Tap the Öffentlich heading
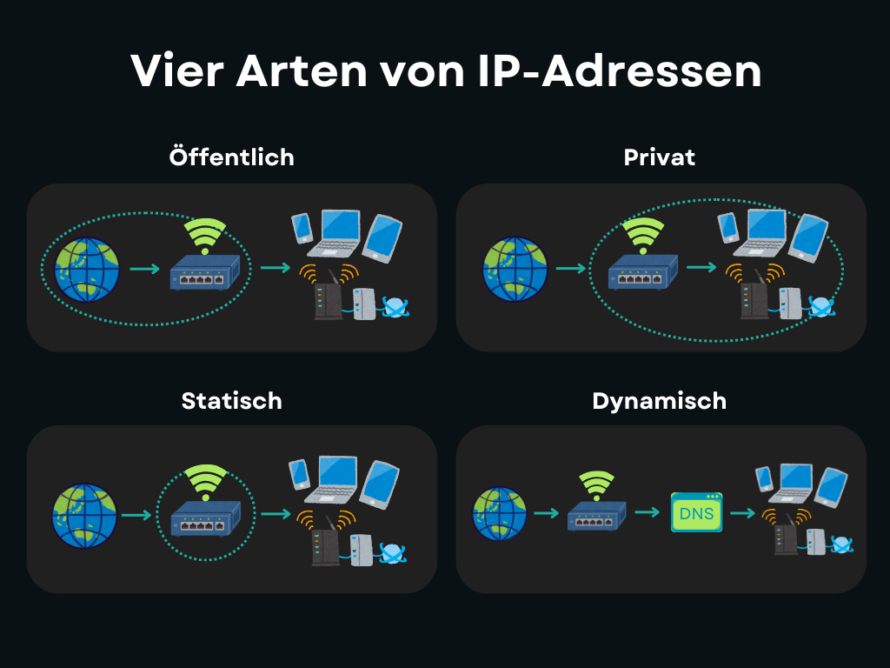(x=231, y=157)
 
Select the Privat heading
(x=660, y=157)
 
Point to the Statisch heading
(x=231, y=401)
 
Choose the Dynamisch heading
(x=659, y=401)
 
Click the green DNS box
(x=696, y=513)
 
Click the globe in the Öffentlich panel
(x=86, y=270)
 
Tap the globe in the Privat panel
(x=515, y=269)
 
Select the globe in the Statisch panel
(x=84, y=516)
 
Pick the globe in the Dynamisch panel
(x=500, y=514)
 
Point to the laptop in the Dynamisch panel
(x=792, y=484)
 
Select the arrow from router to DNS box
(x=648, y=512)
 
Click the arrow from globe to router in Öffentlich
(x=144, y=270)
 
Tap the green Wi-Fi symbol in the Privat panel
(x=643, y=232)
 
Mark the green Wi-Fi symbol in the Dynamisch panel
(x=596, y=483)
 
